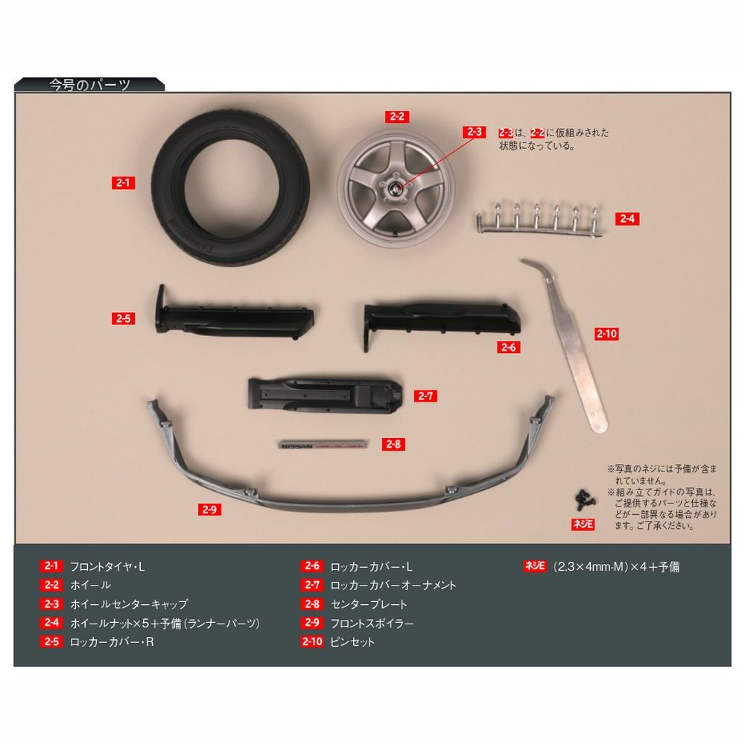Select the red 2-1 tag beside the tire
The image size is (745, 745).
pyautogui.click(x=123, y=183)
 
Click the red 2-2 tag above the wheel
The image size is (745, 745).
pyautogui.click(x=397, y=116)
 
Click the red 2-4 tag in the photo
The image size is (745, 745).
pyautogui.click(x=627, y=218)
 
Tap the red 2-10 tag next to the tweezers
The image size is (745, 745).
pyautogui.click(x=606, y=334)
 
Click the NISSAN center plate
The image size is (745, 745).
pyautogui.click(x=323, y=446)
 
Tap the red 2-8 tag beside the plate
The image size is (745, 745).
pyautogui.click(x=393, y=444)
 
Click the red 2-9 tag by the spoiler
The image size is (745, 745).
pyautogui.click(x=209, y=510)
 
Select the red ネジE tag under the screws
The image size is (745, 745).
pyautogui.click(x=583, y=524)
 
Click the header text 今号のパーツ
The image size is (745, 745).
pyautogui.click(x=89, y=85)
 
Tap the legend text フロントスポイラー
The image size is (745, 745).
pyautogui.click(x=372, y=623)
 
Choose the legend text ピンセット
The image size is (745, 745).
pyautogui.click(x=352, y=642)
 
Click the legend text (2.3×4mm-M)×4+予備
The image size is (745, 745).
pyautogui.click(x=616, y=566)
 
